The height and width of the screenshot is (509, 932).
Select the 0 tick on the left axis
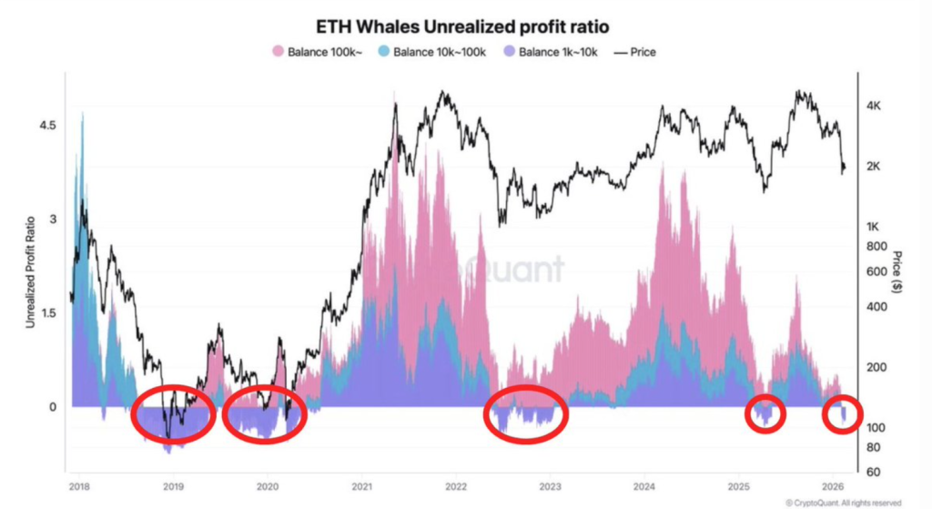pyautogui.click(x=53, y=407)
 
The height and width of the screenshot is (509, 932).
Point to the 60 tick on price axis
pyautogui.click(x=871, y=471)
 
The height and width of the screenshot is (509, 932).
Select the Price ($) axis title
pyautogui.click(x=897, y=271)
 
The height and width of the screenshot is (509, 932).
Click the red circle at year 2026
pyautogui.click(x=842, y=414)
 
